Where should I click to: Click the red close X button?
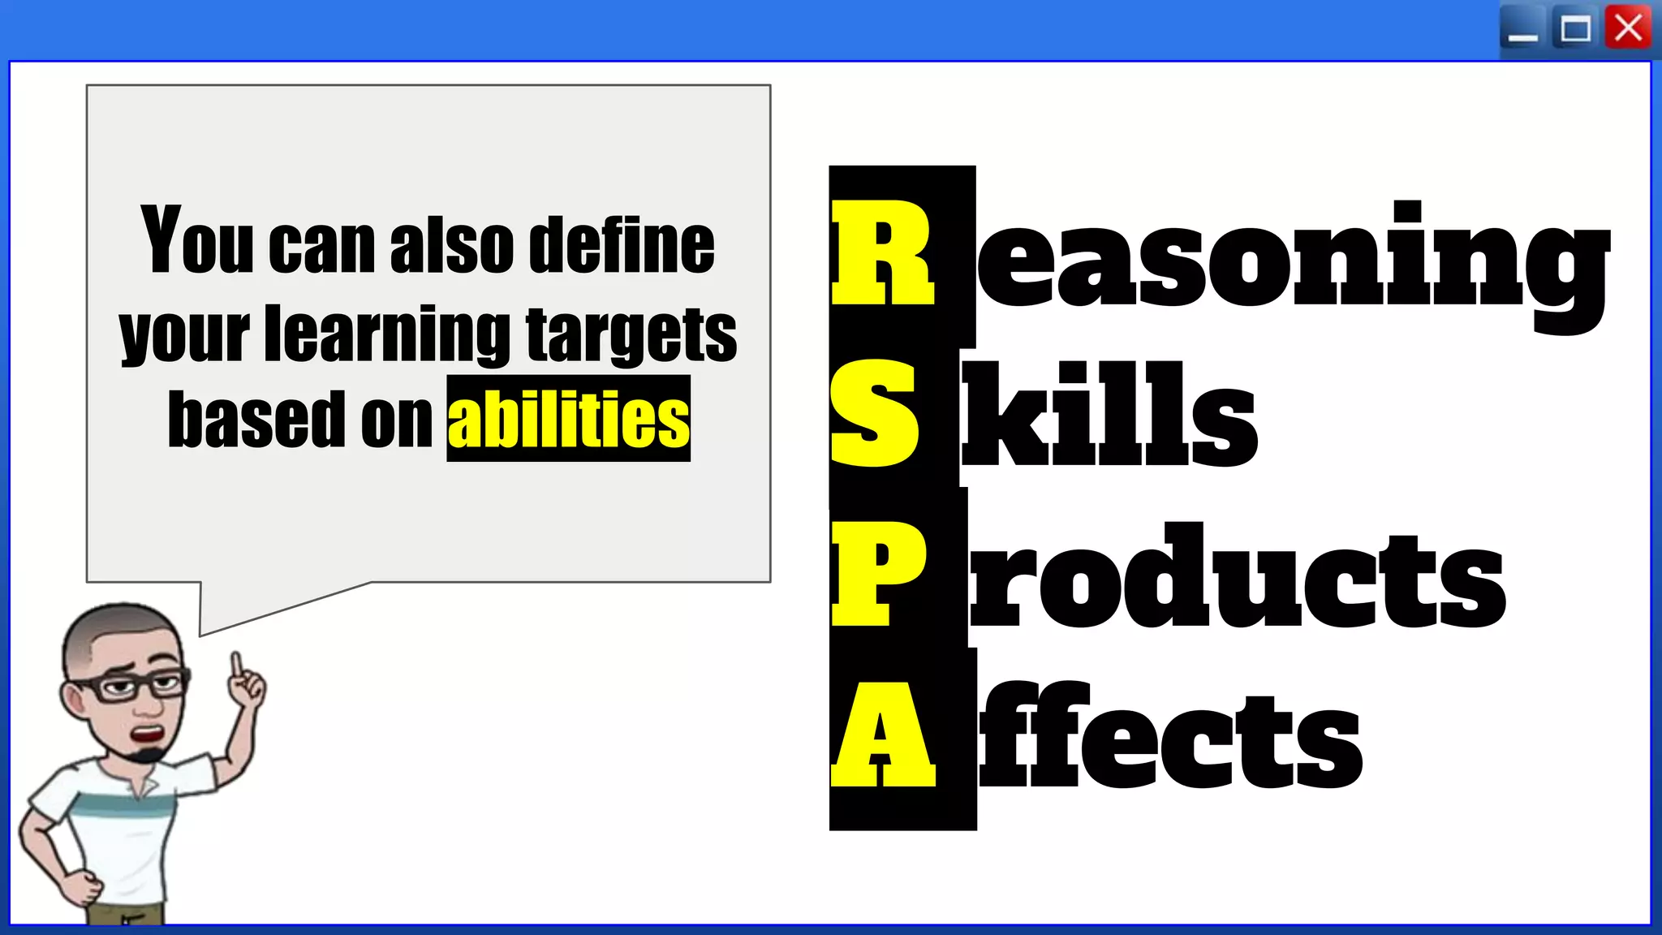(x=1628, y=29)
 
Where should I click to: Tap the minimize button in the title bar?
(x=1523, y=31)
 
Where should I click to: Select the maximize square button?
(x=1575, y=29)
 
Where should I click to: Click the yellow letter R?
(x=883, y=253)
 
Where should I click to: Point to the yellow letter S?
(x=875, y=414)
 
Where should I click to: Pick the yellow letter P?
(x=878, y=575)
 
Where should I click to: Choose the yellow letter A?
(x=883, y=735)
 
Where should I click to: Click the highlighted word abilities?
(x=568, y=419)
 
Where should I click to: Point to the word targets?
(x=631, y=334)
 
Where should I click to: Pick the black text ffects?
(x=1169, y=735)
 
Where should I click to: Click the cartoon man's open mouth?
(x=149, y=735)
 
